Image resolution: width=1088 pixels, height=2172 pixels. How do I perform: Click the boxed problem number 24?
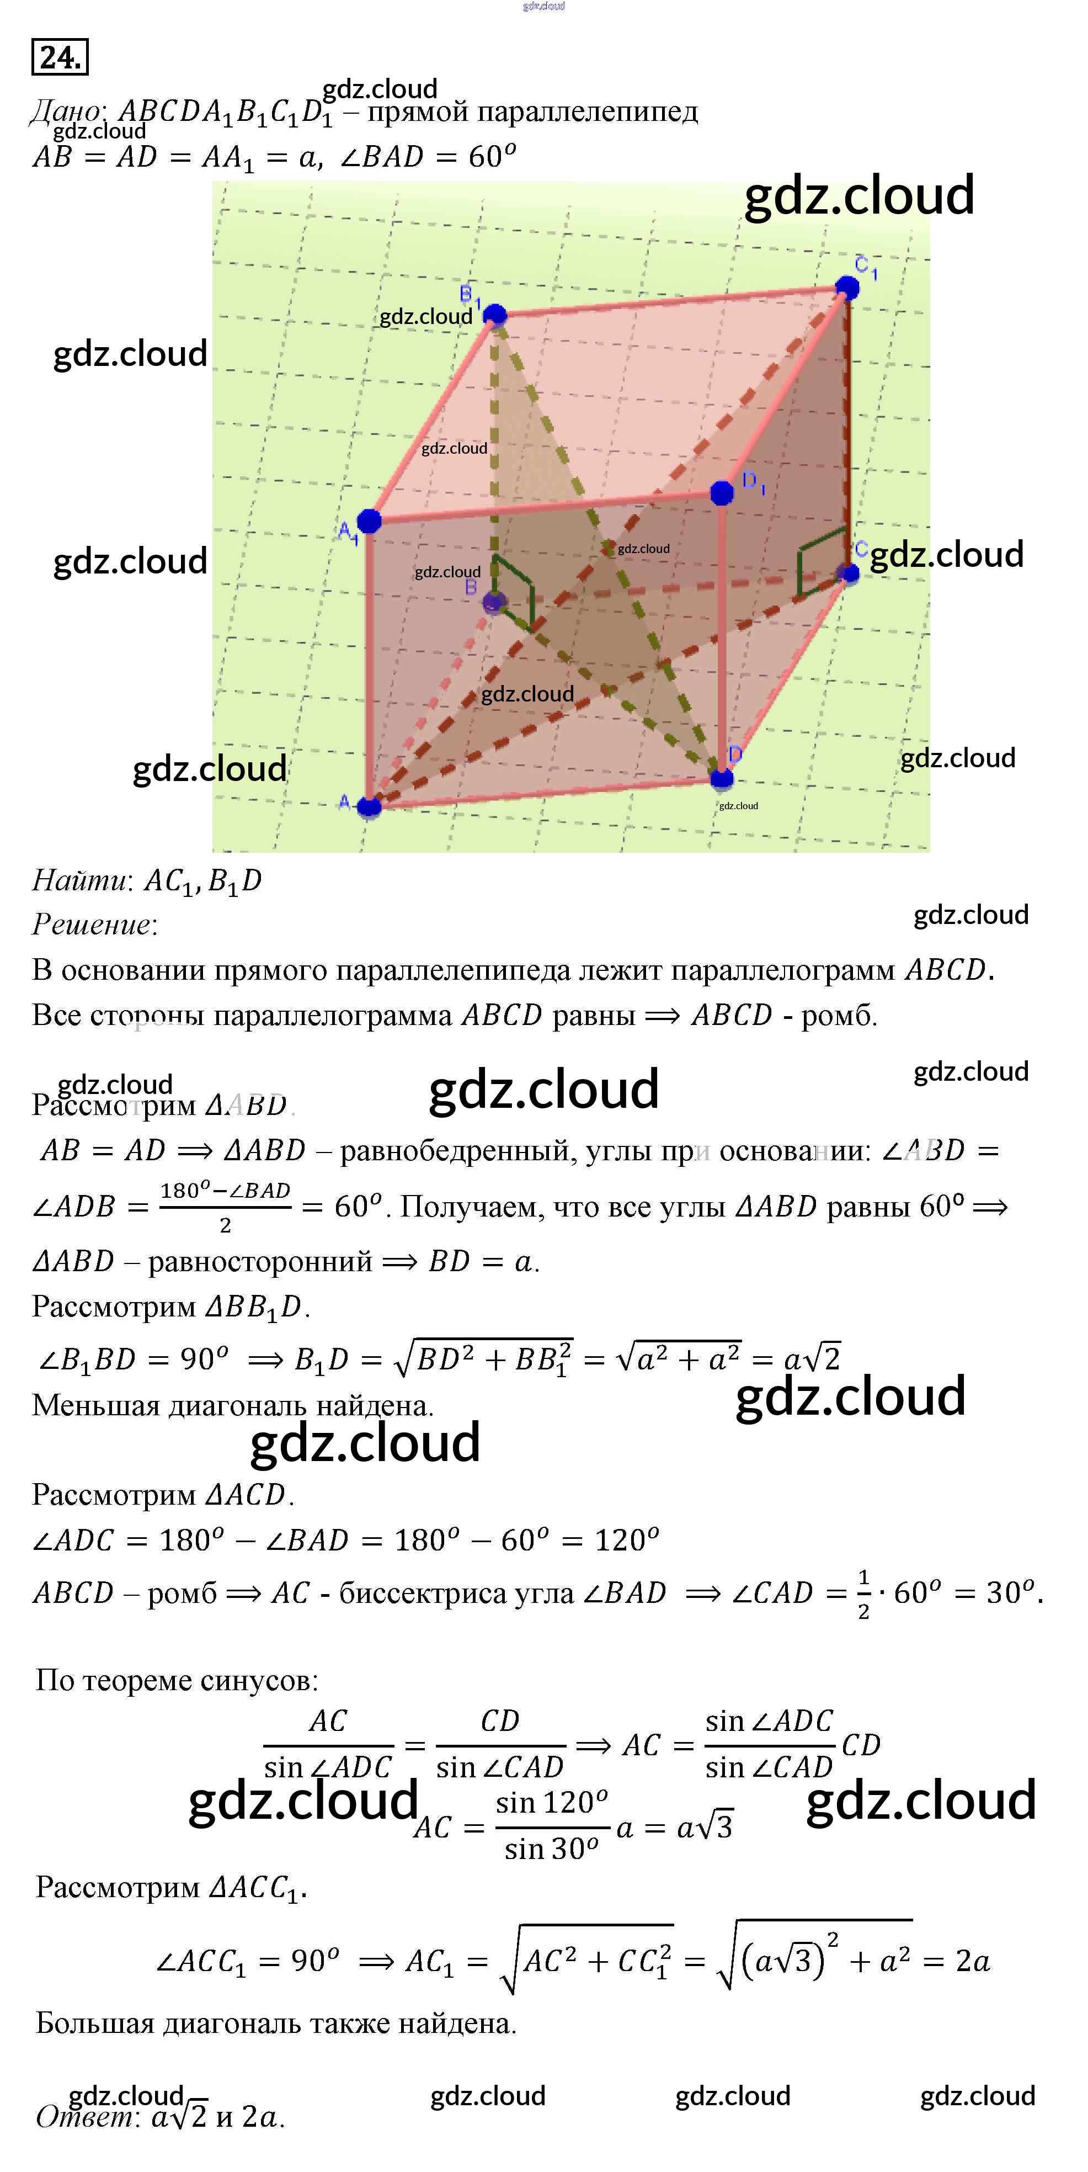pos(59,57)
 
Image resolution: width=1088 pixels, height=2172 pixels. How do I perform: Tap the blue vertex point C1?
pos(847,288)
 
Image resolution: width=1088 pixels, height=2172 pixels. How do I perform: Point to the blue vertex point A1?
pos(369,521)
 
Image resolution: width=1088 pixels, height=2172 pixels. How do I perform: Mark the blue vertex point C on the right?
pos(849,574)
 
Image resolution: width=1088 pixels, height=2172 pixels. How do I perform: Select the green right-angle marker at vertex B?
pos(514,590)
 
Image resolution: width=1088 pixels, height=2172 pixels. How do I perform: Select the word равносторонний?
pos(259,1261)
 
